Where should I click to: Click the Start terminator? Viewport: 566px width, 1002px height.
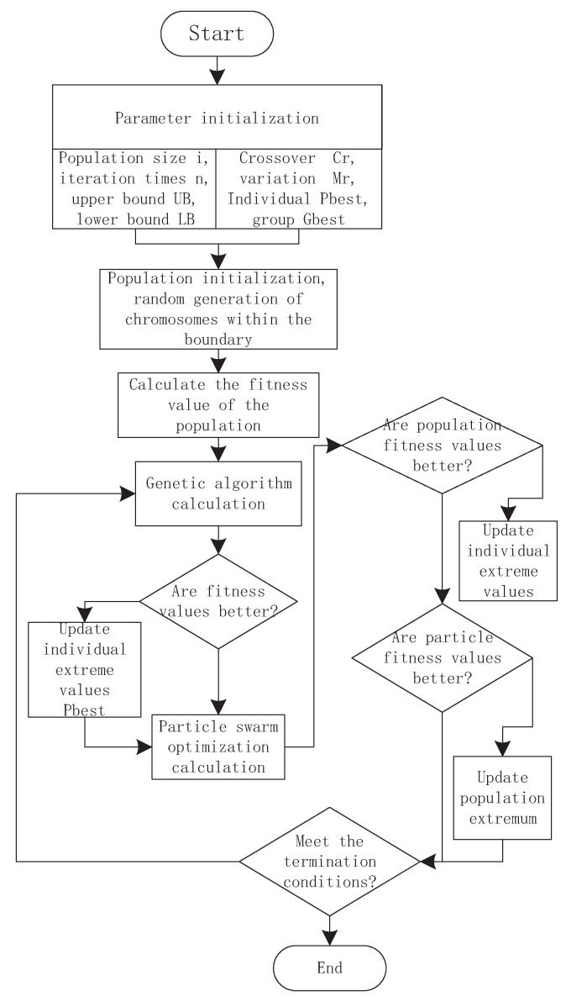click(x=217, y=34)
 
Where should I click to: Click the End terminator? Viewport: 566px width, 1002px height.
click(x=330, y=968)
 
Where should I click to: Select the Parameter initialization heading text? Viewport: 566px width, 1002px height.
click(x=217, y=118)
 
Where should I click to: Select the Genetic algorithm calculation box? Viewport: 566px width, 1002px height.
click(x=218, y=494)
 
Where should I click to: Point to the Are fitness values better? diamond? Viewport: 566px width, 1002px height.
click(x=218, y=601)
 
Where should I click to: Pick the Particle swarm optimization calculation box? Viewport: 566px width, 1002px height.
click(x=218, y=744)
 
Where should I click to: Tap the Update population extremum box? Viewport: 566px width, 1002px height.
click(x=502, y=797)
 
